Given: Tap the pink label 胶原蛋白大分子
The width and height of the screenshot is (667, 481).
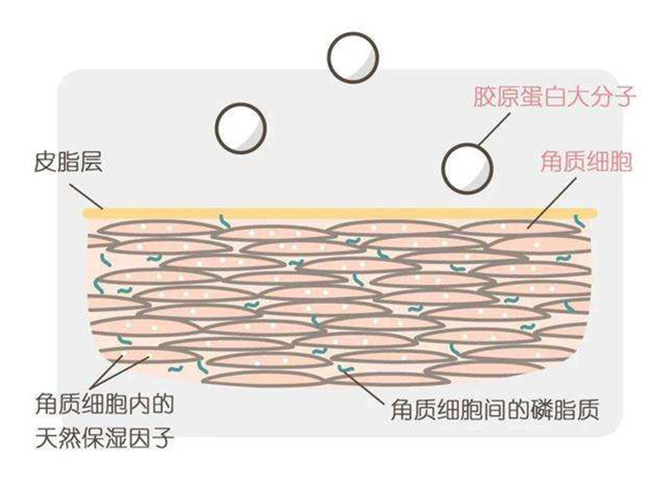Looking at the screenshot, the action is coord(555,96).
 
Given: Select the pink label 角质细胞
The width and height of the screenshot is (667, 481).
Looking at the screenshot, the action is coord(586,161).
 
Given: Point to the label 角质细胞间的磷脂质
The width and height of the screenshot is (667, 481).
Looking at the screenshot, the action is coord(495,410).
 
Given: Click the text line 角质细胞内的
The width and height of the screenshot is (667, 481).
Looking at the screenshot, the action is coord(105,404).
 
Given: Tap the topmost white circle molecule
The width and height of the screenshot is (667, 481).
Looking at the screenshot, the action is coord(353,57).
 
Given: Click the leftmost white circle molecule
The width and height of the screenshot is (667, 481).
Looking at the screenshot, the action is coord(241,127).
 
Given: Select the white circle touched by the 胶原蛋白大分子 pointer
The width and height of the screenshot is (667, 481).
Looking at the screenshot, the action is coord(467,167).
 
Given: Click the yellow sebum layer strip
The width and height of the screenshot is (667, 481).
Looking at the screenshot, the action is coord(341,214).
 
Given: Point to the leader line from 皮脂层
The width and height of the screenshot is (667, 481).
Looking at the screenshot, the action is coord(86,196).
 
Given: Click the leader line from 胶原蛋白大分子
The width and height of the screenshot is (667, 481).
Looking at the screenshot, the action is coord(494,129).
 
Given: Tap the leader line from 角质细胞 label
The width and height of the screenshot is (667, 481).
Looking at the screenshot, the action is coord(551,203).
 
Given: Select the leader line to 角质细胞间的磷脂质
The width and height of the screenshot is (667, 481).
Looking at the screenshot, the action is coord(363,387).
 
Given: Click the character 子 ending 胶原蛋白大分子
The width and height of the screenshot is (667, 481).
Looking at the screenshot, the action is coord(624,96).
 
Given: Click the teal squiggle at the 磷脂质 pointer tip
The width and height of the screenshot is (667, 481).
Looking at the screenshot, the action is coord(346,369).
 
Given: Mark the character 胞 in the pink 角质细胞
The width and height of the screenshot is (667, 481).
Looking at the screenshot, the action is coord(621,161).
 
